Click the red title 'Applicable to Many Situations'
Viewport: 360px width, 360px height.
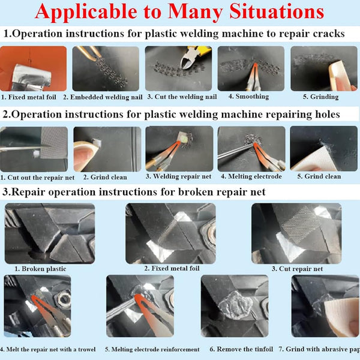179,12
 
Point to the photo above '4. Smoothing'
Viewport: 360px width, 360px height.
250,68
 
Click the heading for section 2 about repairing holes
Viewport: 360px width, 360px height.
172,114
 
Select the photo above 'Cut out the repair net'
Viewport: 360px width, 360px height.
34,148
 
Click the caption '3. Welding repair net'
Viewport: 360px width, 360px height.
178,176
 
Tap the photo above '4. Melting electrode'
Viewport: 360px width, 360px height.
250,148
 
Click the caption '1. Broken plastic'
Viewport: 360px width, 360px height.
40,269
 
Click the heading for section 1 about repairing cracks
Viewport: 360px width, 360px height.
173,34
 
